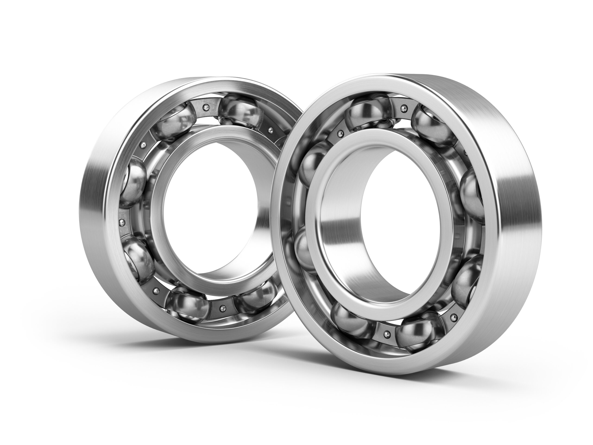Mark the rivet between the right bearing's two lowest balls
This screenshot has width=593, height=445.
(x=386, y=334)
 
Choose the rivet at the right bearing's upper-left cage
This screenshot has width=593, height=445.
(x=341, y=133)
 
